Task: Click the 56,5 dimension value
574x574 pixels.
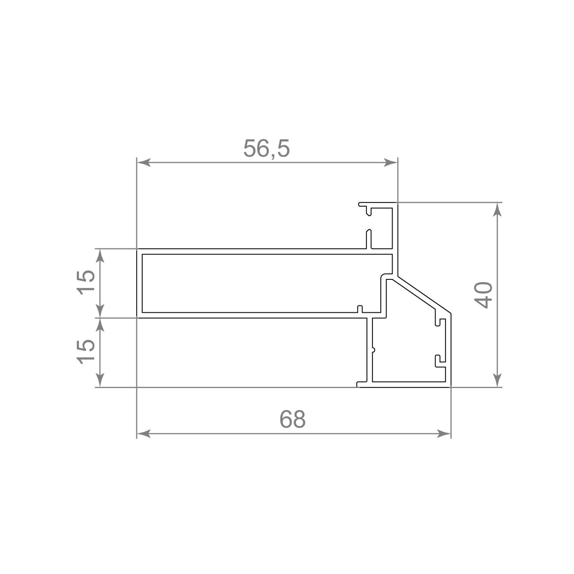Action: tap(266, 149)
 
